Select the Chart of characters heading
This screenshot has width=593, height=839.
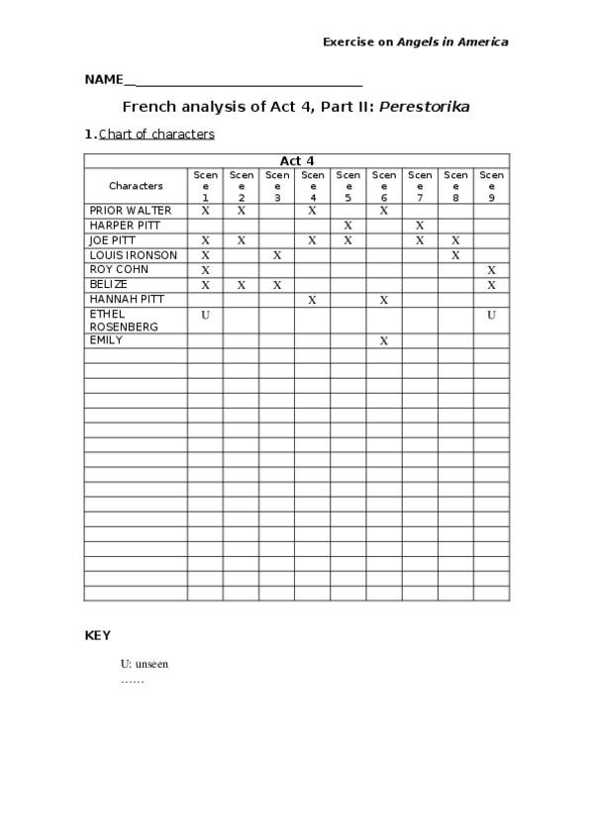156,134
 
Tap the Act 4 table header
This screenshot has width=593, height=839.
297,160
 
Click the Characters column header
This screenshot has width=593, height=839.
136,186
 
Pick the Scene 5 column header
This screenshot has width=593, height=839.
347,186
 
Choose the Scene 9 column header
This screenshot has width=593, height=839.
491,186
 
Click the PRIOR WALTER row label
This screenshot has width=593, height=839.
130,211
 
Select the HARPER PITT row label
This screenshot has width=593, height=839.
125,226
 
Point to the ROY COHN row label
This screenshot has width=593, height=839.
120,270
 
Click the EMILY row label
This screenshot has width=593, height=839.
106,340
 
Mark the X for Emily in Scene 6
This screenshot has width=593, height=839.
383,341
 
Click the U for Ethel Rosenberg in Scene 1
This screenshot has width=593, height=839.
205,316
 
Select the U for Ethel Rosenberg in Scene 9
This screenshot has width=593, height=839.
491,316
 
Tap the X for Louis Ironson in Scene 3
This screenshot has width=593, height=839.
277,255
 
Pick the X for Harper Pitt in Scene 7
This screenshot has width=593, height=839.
420,226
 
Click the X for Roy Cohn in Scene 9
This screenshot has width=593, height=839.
491,270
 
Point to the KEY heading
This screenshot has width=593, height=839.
97,635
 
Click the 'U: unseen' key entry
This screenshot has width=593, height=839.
145,664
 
